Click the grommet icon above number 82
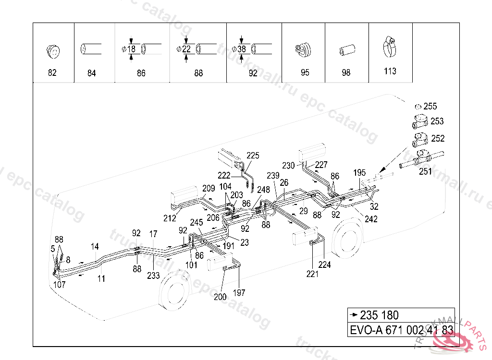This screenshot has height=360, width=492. (x=52, y=50)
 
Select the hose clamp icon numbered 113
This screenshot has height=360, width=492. (x=390, y=47)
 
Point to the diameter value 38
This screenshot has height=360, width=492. (x=242, y=49)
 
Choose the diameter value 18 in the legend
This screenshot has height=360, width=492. (x=132, y=49)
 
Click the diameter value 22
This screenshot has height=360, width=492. (x=186, y=49)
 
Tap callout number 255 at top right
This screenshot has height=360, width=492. (x=430, y=107)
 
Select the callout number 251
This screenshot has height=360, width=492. (x=425, y=171)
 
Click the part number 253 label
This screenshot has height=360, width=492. (x=437, y=121)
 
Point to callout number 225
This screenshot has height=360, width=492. (x=253, y=156)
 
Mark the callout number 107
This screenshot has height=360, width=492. (x=60, y=284)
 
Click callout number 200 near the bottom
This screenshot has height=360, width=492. (x=220, y=297)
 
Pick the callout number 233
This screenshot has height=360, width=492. (x=153, y=276)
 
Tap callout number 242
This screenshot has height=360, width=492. (x=371, y=219)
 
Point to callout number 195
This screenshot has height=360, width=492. (x=359, y=172)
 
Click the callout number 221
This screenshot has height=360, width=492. (x=312, y=274)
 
